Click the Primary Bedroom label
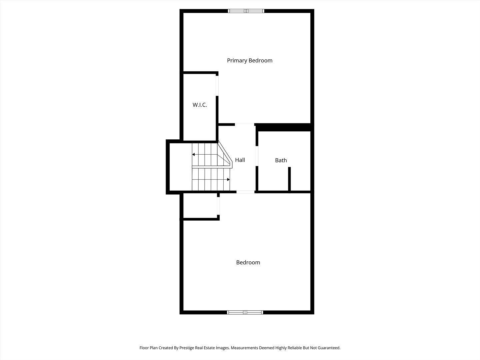(250, 60)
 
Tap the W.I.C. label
(200, 105)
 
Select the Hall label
(240, 160)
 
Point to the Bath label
(281, 160)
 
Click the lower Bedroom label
(248, 262)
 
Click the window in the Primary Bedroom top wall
(246, 11)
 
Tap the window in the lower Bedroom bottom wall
(245, 312)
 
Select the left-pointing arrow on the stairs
(194, 154)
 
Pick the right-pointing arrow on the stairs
(228, 180)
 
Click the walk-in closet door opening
(217, 86)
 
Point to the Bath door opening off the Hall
(257, 156)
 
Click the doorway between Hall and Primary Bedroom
(245, 124)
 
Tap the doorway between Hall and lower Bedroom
(245, 192)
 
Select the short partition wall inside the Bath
(289, 179)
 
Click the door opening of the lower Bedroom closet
(218, 206)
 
